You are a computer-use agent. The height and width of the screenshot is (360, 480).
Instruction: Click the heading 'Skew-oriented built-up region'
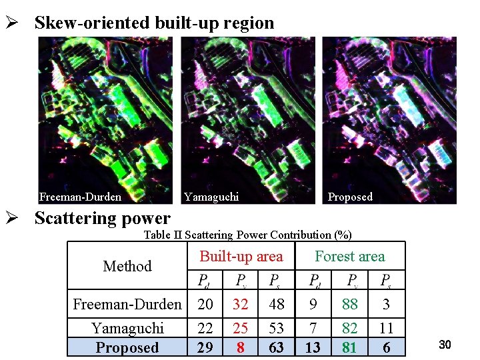pyautogui.click(x=154, y=23)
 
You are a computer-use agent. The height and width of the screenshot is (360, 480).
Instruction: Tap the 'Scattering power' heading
pyautogui.click(x=102, y=218)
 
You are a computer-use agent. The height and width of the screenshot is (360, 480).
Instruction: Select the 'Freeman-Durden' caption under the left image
pyautogui.click(x=80, y=197)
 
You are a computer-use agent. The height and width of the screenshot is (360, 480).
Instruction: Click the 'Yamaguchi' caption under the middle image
pyautogui.click(x=211, y=197)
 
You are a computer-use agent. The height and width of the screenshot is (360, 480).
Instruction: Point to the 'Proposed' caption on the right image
pyautogui.click(x=350, y=197)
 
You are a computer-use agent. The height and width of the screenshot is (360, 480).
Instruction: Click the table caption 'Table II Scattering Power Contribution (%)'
pyautogui.click(x=248, y=235)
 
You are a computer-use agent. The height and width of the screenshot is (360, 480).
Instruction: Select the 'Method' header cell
pyautogui.click(x=127, y=266)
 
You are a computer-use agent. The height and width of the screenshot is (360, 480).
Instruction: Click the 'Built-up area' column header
pyautogui.click(x=241, y=256)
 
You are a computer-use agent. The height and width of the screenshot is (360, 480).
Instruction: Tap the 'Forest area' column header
pyautogui.click(x=350, y=256)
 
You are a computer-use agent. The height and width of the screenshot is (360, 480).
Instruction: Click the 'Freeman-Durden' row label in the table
pyautogui.click(x=127, y=305)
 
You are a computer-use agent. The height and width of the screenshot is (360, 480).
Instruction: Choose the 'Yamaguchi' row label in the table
pyautogui.click(x=127, y=328)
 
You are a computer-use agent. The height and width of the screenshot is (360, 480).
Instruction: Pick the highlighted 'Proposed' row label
pyautogui.click(x=127, y=347)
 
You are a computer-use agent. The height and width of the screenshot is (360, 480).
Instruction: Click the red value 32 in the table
pyautogui.click(x=240, y=305)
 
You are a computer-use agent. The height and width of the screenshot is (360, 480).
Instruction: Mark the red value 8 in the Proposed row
pyautogui.click(x=240, y=347)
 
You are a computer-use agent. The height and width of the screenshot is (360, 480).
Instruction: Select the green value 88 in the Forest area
pyautogui.click(x=350, y=305)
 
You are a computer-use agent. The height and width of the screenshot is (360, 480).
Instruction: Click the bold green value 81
pyautogui.click(x=349, y=347)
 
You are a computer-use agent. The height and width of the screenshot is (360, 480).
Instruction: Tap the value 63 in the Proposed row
pyautogui.click(x=275, y=347)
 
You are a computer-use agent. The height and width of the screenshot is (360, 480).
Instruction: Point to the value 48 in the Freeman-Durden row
pyautogui.click(x=276, y=305)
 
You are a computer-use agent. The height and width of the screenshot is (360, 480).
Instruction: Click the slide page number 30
pyautogui.click(x=445, y=344)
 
